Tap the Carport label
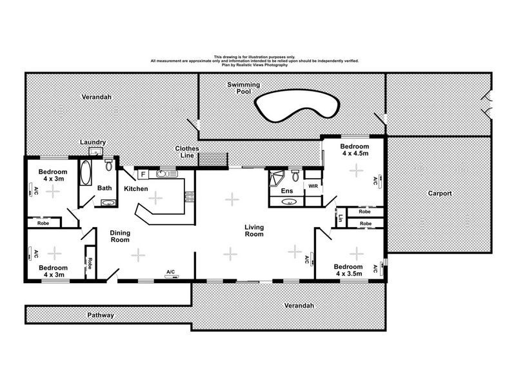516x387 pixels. pyautogui.click(x=439, y=193)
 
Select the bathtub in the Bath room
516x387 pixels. pyautogui.click(x=86, y=172)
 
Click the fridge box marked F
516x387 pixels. pyautogui.click(x=142, y=174)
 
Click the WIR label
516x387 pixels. pyautogui.click(x=313, y=186)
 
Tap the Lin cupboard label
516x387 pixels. pyautogui.click(x=339, y=218)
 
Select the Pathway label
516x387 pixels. pyautogui.click(x=101, y=315)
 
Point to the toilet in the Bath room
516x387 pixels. pyautogui.click(x=108, y=166)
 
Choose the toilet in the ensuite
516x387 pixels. pyautogui.click(x=294, y=175)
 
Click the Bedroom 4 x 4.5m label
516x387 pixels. pyautogui.click(x=354, y=150)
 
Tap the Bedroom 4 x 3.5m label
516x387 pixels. pyautogui.click(x=348, y=270)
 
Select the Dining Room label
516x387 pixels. pyautogui.click(x=121, y=237)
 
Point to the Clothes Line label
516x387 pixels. pyautogui.click(x=188, y=152)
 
